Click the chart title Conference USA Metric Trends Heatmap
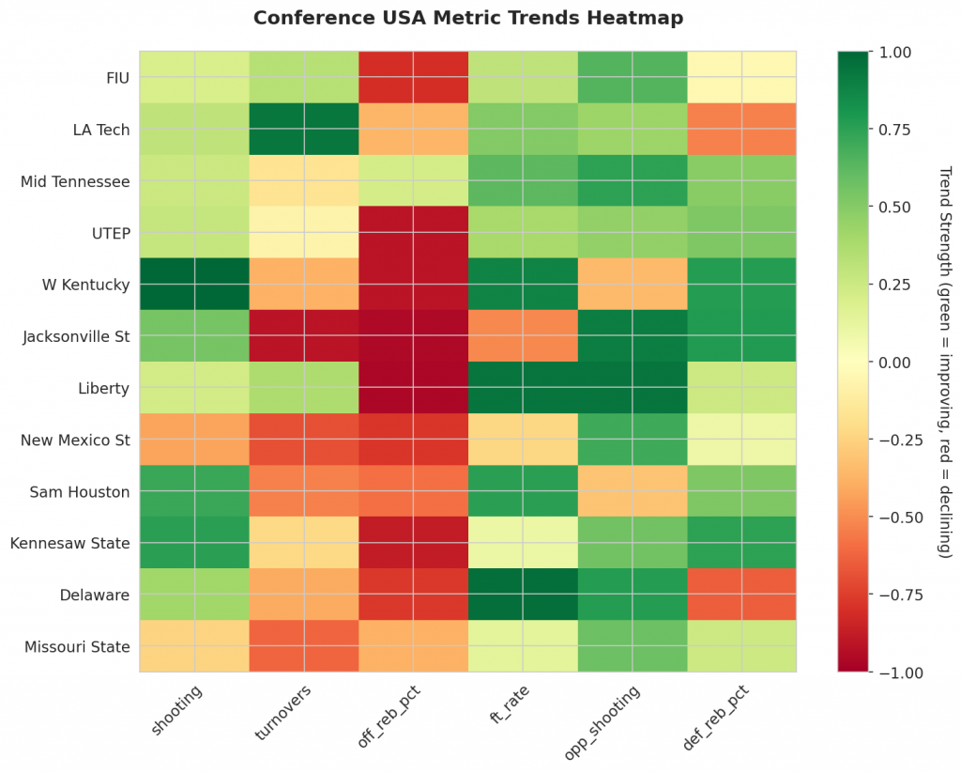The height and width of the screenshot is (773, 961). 467,18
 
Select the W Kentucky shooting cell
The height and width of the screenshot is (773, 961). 194,284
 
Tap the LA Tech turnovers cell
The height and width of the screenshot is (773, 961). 303,129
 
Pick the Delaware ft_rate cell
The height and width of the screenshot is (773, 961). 522,595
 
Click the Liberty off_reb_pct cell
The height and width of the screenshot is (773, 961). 413,387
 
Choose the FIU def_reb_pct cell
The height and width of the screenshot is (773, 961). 741,77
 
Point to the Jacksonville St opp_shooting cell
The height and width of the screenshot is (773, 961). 632,335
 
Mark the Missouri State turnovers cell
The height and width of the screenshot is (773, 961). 303,646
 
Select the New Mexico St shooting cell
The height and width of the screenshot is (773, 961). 194,440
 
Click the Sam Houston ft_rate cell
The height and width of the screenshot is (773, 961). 522,491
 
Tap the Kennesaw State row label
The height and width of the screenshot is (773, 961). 70,543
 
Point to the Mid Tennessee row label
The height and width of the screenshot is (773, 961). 75,180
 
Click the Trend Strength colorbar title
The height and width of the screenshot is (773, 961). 945,362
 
